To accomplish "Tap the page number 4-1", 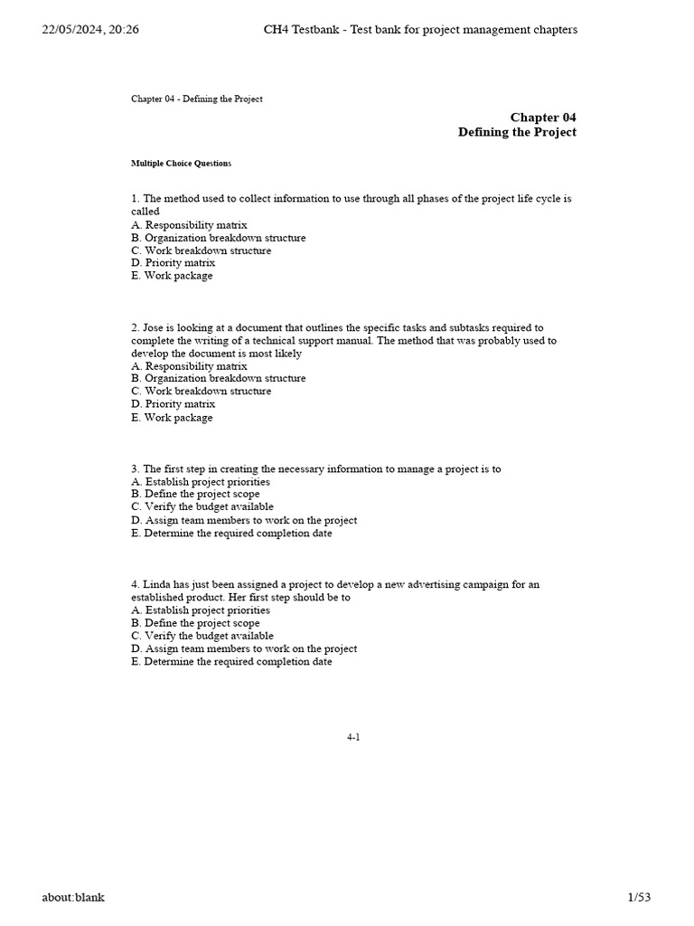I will click(353, 737).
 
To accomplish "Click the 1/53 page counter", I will click(638, 897).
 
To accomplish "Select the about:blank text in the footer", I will click(73, 897).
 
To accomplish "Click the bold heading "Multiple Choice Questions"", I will click(181, 164).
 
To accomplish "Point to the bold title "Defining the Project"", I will click(517, 132).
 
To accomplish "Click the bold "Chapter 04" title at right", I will click(543, 117).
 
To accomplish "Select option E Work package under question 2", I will click(172, 418).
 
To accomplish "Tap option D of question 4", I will click(243, 648).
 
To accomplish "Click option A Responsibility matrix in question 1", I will click(189, 224).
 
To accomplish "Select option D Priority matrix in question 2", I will click(173, 404).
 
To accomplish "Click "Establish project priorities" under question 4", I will click(201, 609).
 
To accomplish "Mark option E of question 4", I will click(231, 661).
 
